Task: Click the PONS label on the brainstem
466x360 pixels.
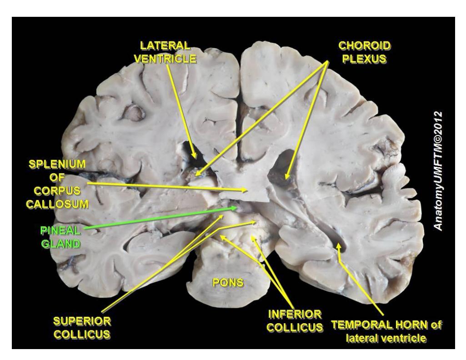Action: coord(228,282)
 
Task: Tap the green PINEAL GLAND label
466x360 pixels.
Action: coord(60,237)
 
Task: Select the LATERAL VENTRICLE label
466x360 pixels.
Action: coord(165,52)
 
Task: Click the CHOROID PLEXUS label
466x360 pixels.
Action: coord(364,52)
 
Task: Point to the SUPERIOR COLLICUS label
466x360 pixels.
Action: coord(82,328)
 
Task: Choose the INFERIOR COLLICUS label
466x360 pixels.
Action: coord(295,321)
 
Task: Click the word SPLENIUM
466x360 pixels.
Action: coord(57,164)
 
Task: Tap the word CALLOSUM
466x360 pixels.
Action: coord(57,204)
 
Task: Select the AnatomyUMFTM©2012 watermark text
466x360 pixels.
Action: coord(438,171)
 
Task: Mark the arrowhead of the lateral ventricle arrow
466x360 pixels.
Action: coord(194,158)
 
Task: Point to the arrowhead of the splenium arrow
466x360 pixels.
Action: coord(248,190)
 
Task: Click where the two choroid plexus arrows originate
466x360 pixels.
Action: coord(328,61)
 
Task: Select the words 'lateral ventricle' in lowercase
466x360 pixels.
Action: coord(386,338)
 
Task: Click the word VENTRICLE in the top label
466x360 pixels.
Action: coord(165,59)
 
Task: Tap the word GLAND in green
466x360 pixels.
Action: coord(60,244)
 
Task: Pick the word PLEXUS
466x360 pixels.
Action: coord(364,59)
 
